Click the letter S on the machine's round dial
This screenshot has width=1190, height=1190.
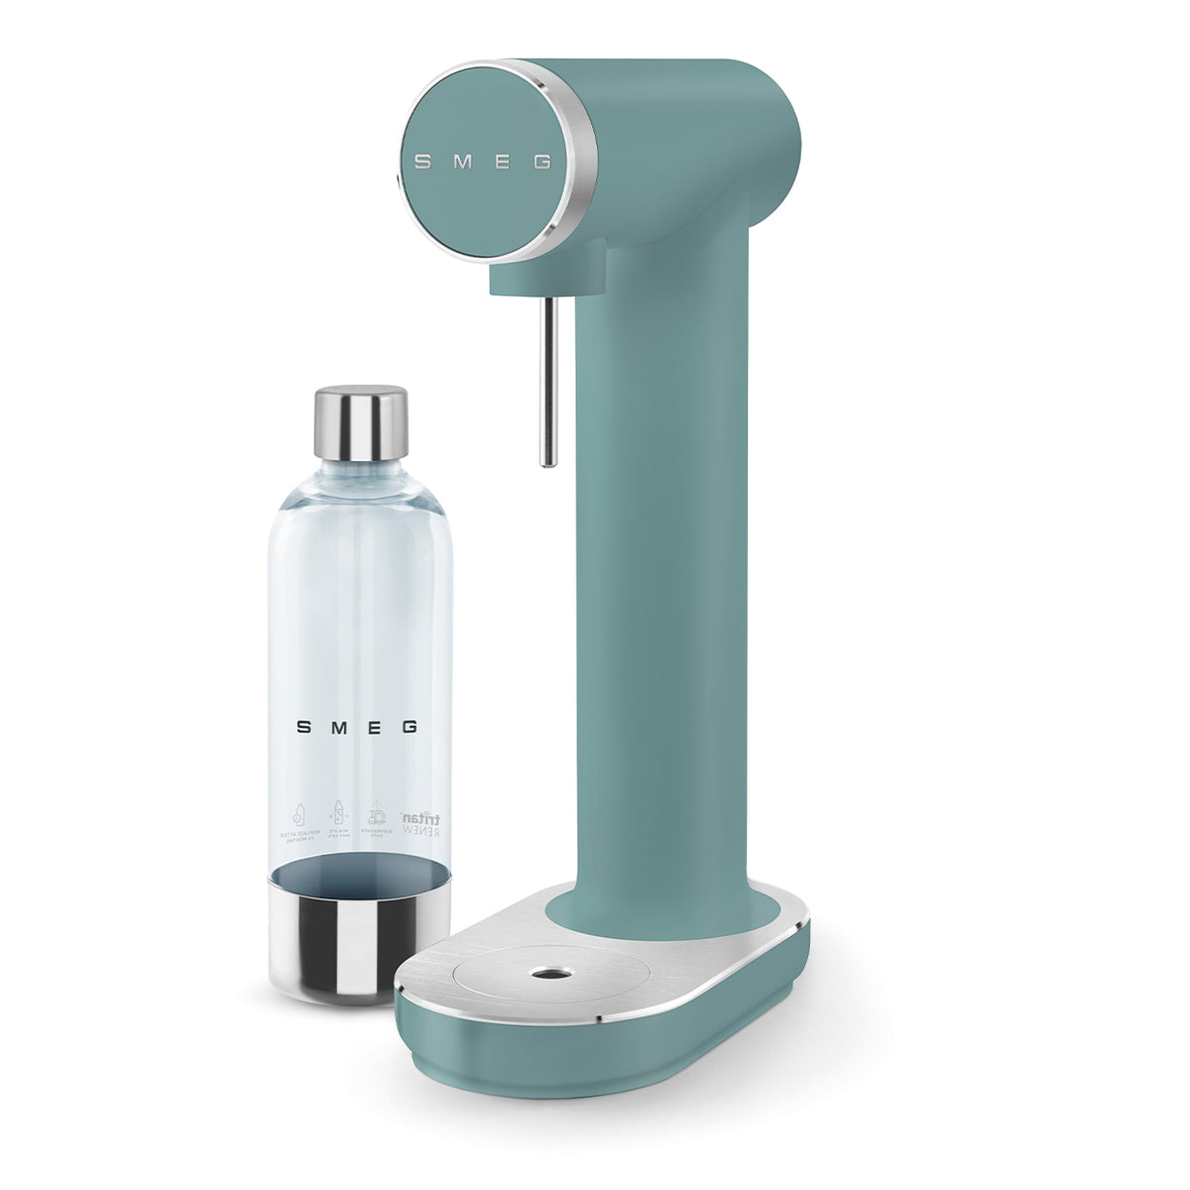[422, 162]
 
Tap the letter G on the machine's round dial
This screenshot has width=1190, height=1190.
[542, 162]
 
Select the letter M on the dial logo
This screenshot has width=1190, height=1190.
[461, 162]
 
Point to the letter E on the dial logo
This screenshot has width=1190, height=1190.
[502, 162]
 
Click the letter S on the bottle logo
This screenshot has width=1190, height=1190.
[304, 727]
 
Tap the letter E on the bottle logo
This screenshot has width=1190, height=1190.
[374, 727]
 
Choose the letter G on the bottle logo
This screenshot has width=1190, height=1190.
[409, 727]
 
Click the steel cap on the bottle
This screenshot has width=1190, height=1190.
[361, 422]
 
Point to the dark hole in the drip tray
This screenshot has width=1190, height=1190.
[544, 974]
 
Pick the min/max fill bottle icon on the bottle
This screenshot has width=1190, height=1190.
[337, 815]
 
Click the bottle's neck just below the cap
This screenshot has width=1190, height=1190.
[361, 472]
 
